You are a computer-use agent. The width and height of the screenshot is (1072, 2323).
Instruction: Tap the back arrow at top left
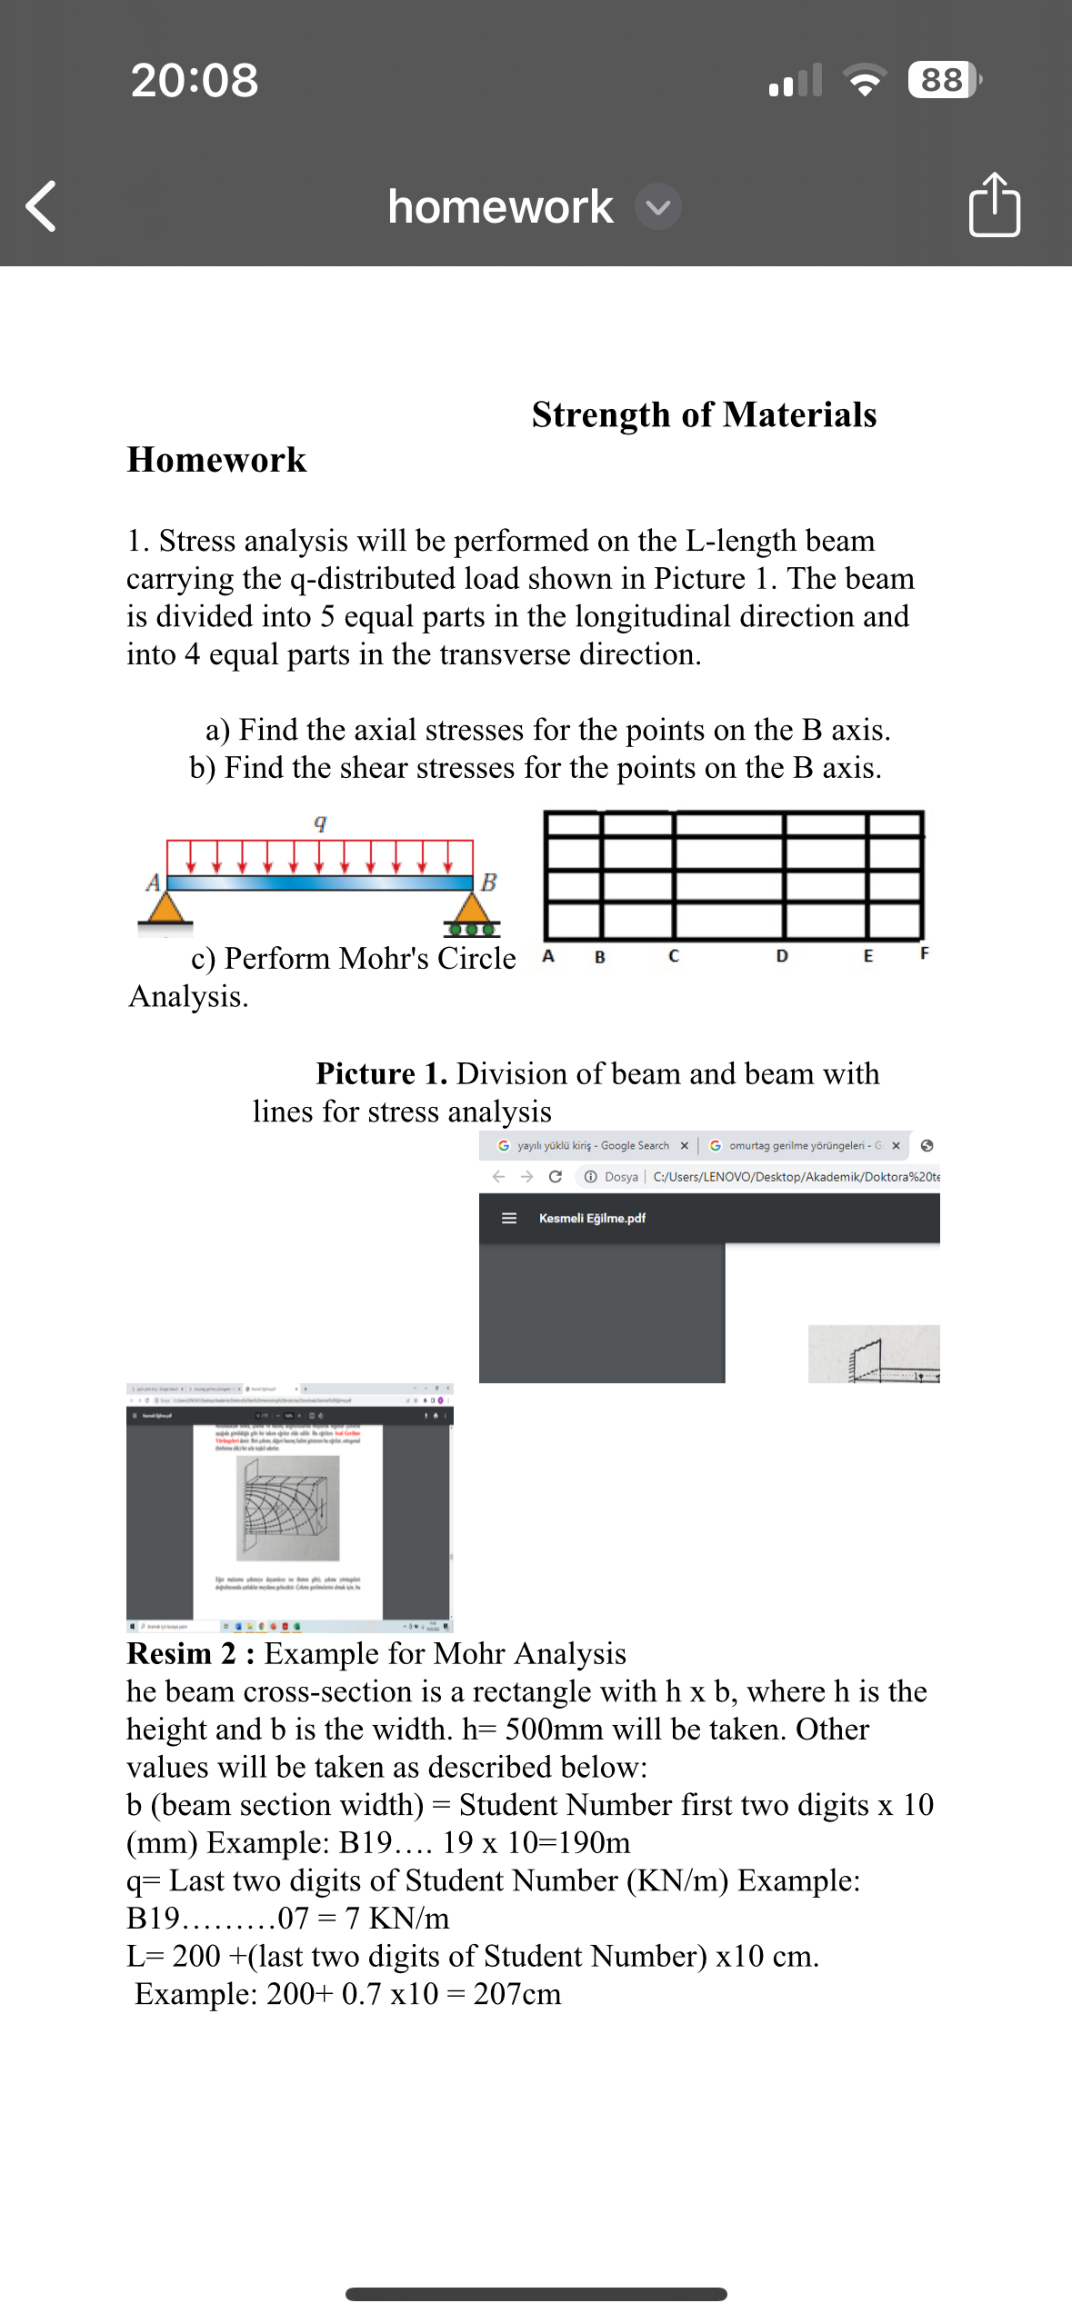pos(41,206)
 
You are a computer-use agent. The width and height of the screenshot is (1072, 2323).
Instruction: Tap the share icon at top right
pos(994,205)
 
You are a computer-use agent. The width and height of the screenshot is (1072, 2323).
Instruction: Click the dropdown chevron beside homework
pos(658,207)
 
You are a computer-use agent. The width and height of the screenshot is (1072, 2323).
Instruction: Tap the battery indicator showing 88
pos(943,80)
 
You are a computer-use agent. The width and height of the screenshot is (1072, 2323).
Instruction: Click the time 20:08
pos(195,80)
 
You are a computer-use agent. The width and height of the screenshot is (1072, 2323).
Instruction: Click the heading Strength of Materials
pos(704,414)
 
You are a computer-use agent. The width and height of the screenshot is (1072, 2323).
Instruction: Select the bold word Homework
pos(216,460)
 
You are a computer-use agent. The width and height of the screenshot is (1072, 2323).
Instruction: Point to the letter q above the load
pos(320,822)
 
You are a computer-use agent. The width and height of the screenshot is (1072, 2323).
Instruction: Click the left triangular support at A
pos(165,909)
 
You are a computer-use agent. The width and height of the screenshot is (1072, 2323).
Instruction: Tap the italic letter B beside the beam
pos(489,882)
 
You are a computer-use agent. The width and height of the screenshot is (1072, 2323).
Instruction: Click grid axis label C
pos(673,956)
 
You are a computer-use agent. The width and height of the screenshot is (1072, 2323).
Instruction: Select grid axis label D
pos(782,956)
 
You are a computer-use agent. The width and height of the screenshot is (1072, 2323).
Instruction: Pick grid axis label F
pos(924,953)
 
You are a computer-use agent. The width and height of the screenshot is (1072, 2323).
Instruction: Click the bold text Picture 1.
pos(381,1073)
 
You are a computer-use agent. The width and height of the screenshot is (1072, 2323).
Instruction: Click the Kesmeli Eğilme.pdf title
pos(592,1218)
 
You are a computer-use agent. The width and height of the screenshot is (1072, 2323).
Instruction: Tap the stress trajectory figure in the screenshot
pos(288,1508)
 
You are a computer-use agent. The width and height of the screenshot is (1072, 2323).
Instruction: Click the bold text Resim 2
pos(190,1653)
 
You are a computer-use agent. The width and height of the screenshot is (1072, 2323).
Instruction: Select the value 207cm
pos(516,1994)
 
